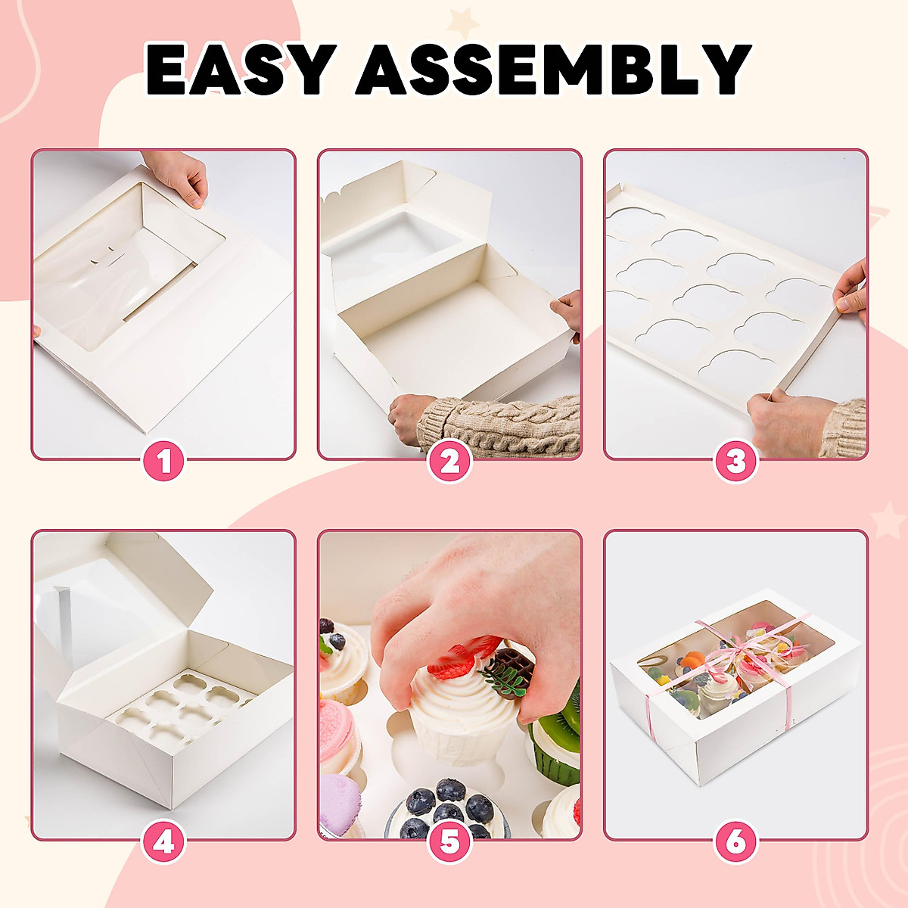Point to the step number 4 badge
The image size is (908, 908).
click(164, 842)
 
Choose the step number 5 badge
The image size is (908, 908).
click(450, 842)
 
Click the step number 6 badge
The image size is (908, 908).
click(736, 842)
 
